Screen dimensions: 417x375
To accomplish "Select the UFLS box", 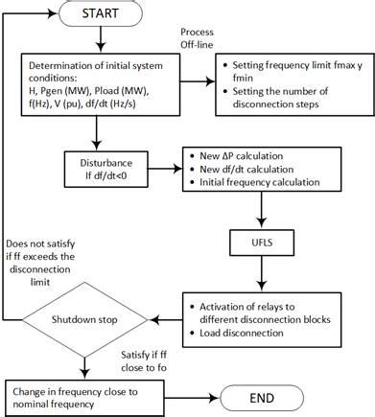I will pyautogui.click(x=258, y=240).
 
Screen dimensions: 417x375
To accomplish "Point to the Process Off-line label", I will pyautogui.click(x=199, y=38).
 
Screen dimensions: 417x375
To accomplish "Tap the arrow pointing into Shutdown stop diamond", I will pyautogui.click(x=162, y=317).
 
